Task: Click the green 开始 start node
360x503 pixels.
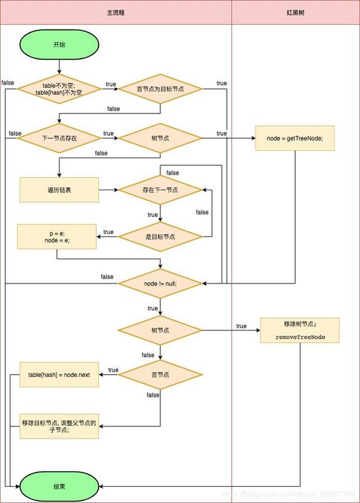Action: [x=59, y=45]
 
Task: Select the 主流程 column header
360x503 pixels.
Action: [x=116, y=12]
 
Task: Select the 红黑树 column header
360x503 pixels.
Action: [x=295, y=12]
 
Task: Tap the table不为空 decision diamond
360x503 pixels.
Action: [x=59, y=89]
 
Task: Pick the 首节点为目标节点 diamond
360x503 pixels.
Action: [x=160, y=89]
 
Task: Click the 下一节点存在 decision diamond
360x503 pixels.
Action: [x=59, y=138]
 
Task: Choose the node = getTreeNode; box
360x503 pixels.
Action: [x=295, y=138]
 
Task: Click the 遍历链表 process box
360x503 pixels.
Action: [x=59, y=190]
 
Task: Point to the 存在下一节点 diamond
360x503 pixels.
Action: [x=160, y=190]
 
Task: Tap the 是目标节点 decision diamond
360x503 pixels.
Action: [x=160, y=236]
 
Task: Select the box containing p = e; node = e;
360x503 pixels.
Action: [x=57, y=236]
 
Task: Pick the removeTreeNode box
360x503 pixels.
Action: [x=300, y=330]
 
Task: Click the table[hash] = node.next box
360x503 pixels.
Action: [x=59, y=375]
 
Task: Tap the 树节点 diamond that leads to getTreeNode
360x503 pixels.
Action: [x=160, y=138]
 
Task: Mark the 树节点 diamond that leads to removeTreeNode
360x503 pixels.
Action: [x=160, y=330]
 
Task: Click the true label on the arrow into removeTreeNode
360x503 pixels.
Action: [x=241, y=326]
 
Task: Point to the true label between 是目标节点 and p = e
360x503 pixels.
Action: [x=109, y=232]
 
